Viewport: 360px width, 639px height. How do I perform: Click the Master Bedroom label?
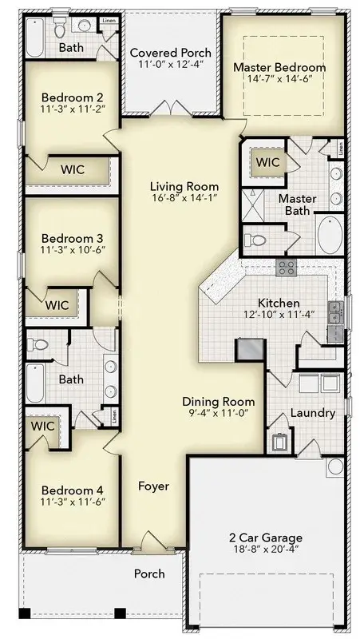279,68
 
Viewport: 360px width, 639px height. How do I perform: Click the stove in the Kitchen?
286,268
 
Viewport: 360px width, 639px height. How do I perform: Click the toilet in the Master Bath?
258,239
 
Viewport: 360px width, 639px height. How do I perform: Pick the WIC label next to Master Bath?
268,162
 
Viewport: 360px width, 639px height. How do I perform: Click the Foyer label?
152,486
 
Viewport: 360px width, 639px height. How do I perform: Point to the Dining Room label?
218,402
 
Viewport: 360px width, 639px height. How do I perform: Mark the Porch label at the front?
148,574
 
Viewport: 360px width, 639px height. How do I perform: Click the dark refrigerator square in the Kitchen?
249,348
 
